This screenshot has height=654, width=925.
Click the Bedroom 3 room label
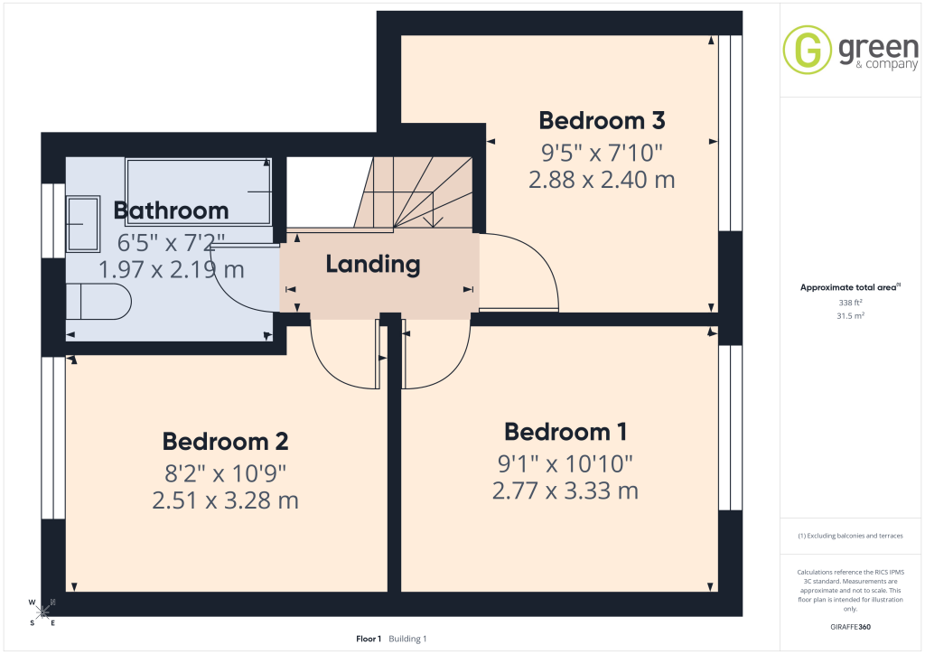click(x=602, y=119)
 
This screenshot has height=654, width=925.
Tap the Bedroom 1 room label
click(x=565, y=432)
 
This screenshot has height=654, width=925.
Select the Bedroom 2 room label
click(x=225, y=442)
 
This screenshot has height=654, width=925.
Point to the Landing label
click(x=373, y=265)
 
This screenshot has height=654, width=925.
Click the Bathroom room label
click(x=171, y=210)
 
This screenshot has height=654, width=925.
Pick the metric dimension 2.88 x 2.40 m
click(x=602, y=179)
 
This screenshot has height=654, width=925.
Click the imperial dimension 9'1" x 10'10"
click(x=565, y=463)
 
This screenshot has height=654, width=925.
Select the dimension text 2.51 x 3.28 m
click(x=225, y=500)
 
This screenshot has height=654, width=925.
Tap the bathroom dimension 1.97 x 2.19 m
click(x=171, y=269)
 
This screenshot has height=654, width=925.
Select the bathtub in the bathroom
click(x=198, y=192)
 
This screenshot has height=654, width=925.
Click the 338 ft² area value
click(x=850, y=304)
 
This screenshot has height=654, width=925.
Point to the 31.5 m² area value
click(x=850, y=316)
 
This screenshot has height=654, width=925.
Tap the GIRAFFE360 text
click(x=850, y=627)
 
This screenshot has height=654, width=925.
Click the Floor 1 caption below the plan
click(x=369, y=639)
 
